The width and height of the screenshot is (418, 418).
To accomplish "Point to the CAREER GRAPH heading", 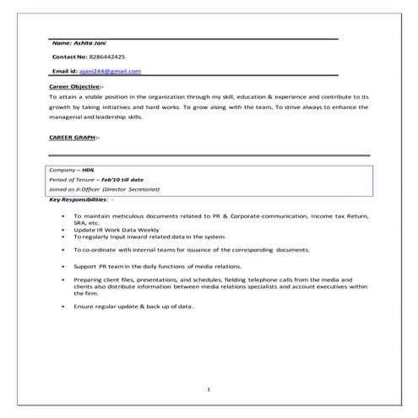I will (73, 137).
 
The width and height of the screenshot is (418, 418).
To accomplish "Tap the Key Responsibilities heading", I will (78, 200).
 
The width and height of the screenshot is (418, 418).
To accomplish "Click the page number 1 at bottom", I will (209, 389).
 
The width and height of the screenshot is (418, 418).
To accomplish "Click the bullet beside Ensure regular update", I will (66, 305).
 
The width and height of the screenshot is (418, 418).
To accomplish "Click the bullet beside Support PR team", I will (66, 266).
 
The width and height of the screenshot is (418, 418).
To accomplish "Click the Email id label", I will (65, 71).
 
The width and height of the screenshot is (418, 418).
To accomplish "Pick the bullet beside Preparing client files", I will (66, 279).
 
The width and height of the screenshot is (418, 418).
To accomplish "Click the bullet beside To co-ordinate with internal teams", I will (66, 251).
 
